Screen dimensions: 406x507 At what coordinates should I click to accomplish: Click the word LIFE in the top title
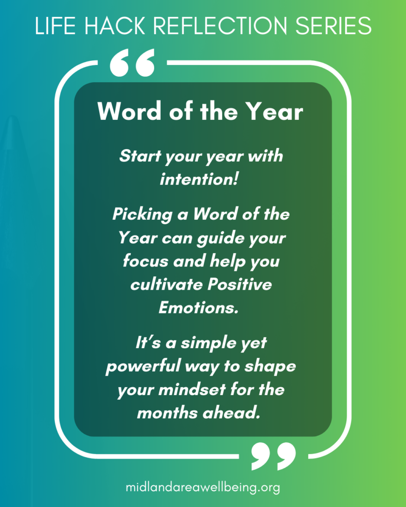point(56,26)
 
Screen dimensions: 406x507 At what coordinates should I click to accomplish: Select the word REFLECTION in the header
point(220,26)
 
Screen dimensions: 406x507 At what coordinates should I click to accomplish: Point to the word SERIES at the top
point(334,26)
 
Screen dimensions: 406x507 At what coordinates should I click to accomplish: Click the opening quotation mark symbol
point(132,63)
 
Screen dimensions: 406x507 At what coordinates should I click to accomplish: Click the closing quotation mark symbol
point(274,456)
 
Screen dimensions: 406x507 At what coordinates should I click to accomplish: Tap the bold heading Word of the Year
point(200,111)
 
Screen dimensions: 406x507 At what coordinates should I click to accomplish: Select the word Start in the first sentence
point(140,156)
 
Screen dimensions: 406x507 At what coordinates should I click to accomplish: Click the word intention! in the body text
point(199,179)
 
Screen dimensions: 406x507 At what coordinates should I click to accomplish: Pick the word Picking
point(142,215)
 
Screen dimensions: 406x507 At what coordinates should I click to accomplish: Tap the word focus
point(146,261)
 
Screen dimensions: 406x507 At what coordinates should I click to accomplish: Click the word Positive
point(239,284)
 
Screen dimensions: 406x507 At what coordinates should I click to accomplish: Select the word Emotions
point(198,307)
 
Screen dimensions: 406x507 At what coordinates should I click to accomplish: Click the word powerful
point(143,366)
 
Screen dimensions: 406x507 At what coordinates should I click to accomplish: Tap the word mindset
point(192,389)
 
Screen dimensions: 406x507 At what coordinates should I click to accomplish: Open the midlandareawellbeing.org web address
point(203,487)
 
